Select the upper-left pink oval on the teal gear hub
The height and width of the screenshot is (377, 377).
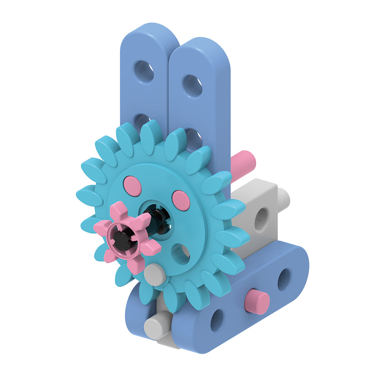[133, 186]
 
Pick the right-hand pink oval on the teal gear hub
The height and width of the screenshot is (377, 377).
[181, 200]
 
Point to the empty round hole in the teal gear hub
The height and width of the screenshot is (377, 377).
[180, 254]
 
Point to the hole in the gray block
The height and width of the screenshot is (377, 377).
[261, 219]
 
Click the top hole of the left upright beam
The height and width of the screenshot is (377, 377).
[144, 71]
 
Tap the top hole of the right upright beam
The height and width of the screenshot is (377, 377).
[193, 85]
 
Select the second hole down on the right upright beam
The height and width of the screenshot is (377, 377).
[194, 139]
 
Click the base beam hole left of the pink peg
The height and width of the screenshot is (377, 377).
[216, 320]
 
